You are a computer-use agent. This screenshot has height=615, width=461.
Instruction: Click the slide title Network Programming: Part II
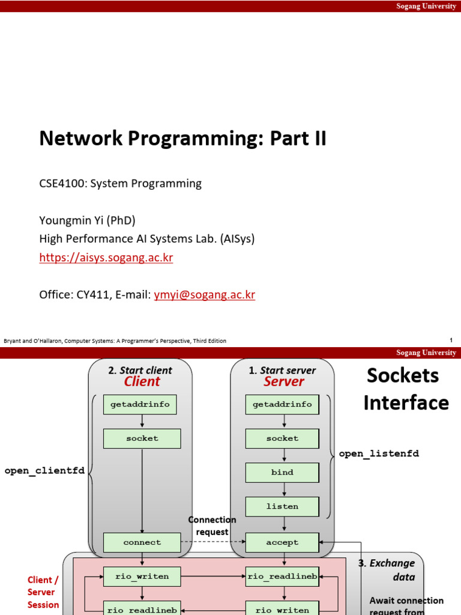click(x=182, y=138)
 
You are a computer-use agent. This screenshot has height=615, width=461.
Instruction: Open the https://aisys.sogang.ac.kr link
click(x=106, y=258)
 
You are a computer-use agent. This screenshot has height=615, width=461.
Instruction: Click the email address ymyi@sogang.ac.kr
click(x=205, y=295)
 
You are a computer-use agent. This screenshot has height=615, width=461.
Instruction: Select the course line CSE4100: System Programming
click(x=120, y=184)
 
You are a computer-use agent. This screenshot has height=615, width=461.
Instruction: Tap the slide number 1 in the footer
click(x=450, y=341)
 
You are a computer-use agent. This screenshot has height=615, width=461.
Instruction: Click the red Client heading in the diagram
click(x=142, y=382)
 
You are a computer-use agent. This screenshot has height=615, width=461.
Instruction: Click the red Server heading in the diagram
click(x=283, y=382)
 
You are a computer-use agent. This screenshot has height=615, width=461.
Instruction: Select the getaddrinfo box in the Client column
click(x=142, y=405)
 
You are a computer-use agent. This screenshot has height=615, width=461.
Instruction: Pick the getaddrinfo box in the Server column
click(x=282, y=405)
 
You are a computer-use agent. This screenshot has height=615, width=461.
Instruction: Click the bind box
click(x=282, y=473)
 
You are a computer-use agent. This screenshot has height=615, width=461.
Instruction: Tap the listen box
click(x=282, y=506)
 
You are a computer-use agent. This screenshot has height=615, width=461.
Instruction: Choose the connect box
click(x=142, y=542)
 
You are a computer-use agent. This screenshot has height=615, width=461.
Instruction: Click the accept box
click(x=282, y=542)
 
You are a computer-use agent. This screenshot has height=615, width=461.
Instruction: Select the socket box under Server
click(x=282, y=438)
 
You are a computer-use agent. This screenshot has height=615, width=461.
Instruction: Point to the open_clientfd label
click(x=44, y=470)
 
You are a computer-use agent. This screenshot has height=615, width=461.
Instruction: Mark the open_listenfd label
click(x=379, y=454)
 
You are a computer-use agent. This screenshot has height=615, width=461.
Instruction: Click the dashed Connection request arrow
click(x=213, y=542)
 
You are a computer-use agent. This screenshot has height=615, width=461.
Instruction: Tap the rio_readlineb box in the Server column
click(x=282, y=577)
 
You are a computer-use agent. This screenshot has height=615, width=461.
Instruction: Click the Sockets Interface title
click(x=406, y=389)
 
